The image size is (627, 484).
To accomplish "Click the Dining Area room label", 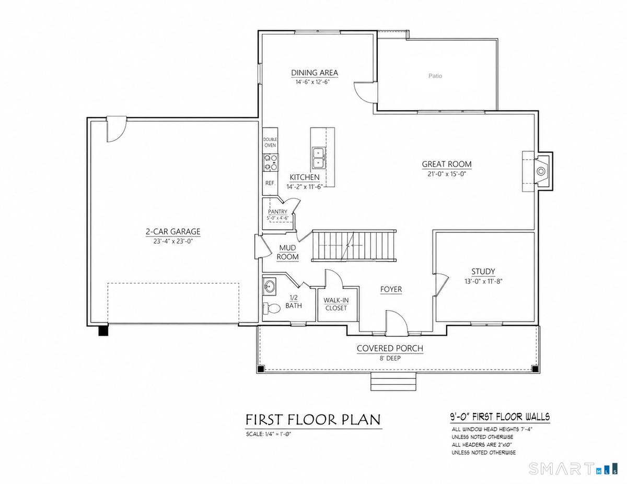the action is pos(314,73).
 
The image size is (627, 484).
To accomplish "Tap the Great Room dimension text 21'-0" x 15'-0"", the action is pos(447,174).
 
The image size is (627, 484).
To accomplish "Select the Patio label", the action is pos(435,76).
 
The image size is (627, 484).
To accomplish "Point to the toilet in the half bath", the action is pos(272,309).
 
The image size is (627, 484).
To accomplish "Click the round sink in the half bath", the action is pos(269,287).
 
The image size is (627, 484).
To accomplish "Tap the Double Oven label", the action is pos(270,143).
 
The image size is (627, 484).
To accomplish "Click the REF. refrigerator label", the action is pos(270,183).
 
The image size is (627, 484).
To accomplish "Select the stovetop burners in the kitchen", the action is pos(270,162).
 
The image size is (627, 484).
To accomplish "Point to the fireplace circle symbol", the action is pos(540,172).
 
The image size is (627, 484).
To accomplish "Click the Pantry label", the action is pos(277,212).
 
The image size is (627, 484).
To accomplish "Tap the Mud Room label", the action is pos(287,252).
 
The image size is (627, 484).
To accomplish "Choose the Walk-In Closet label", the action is pos(336,304).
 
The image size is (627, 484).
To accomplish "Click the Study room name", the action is pos(483,271).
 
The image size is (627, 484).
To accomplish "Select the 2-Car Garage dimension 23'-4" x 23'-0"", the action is pos(173,241).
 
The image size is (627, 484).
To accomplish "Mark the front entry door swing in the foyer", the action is pos(397,323).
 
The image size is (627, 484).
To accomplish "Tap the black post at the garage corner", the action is pos(103,330).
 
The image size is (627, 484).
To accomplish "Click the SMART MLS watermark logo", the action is pos(573,468).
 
